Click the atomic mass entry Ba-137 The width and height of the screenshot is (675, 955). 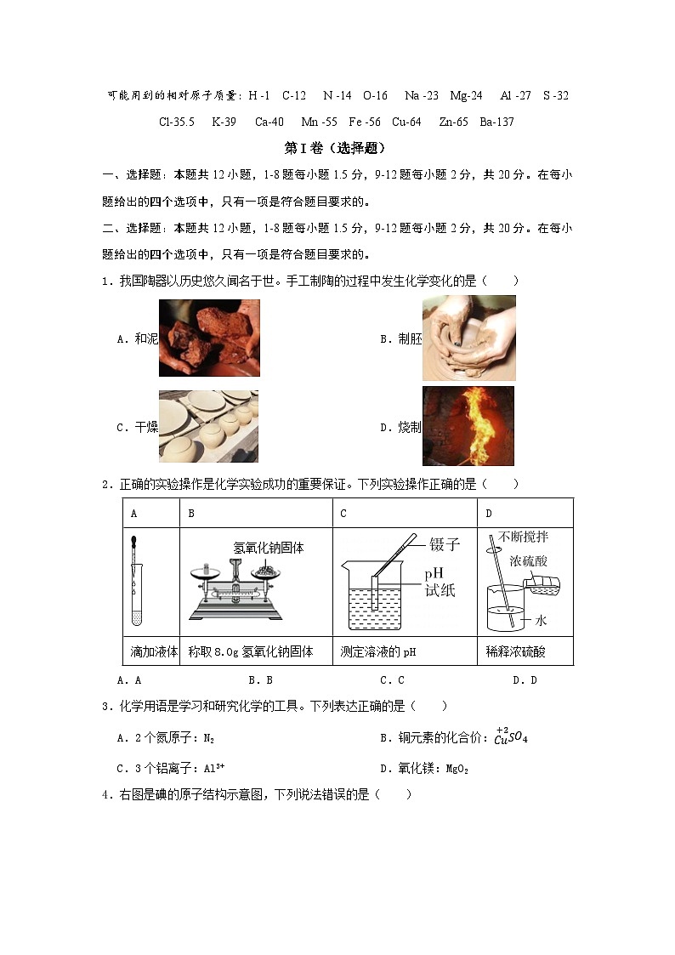496,122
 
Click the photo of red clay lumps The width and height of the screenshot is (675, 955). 209,338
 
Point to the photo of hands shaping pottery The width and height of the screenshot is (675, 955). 468,338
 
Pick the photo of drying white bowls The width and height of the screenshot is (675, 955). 208,426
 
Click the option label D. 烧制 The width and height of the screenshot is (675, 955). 400,428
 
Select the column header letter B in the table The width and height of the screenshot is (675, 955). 191,513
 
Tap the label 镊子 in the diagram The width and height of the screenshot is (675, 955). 445,544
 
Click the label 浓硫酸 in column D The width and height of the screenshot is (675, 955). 528,561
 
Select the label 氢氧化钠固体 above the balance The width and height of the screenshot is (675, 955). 268,549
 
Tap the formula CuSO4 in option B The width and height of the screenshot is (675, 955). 511,737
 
